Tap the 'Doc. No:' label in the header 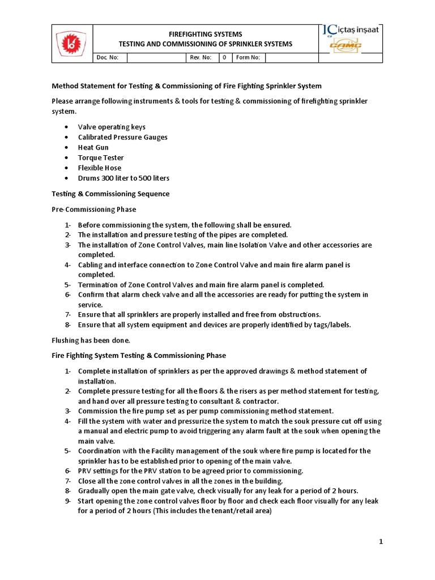105,58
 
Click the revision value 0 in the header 224,58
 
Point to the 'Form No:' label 248,58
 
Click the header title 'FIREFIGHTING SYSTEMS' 205,35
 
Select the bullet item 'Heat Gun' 93,147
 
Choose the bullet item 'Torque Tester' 101,157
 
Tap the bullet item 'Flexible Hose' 100,168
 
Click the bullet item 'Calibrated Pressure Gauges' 123,137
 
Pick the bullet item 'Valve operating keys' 112,127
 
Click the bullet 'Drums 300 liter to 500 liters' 123,178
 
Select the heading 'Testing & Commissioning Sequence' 110,194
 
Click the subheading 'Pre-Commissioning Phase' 94,210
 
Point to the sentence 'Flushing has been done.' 91,340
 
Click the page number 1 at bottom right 381,542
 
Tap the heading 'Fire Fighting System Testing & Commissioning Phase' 139,356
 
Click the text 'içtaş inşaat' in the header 357,30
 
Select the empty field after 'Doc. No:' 156,58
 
